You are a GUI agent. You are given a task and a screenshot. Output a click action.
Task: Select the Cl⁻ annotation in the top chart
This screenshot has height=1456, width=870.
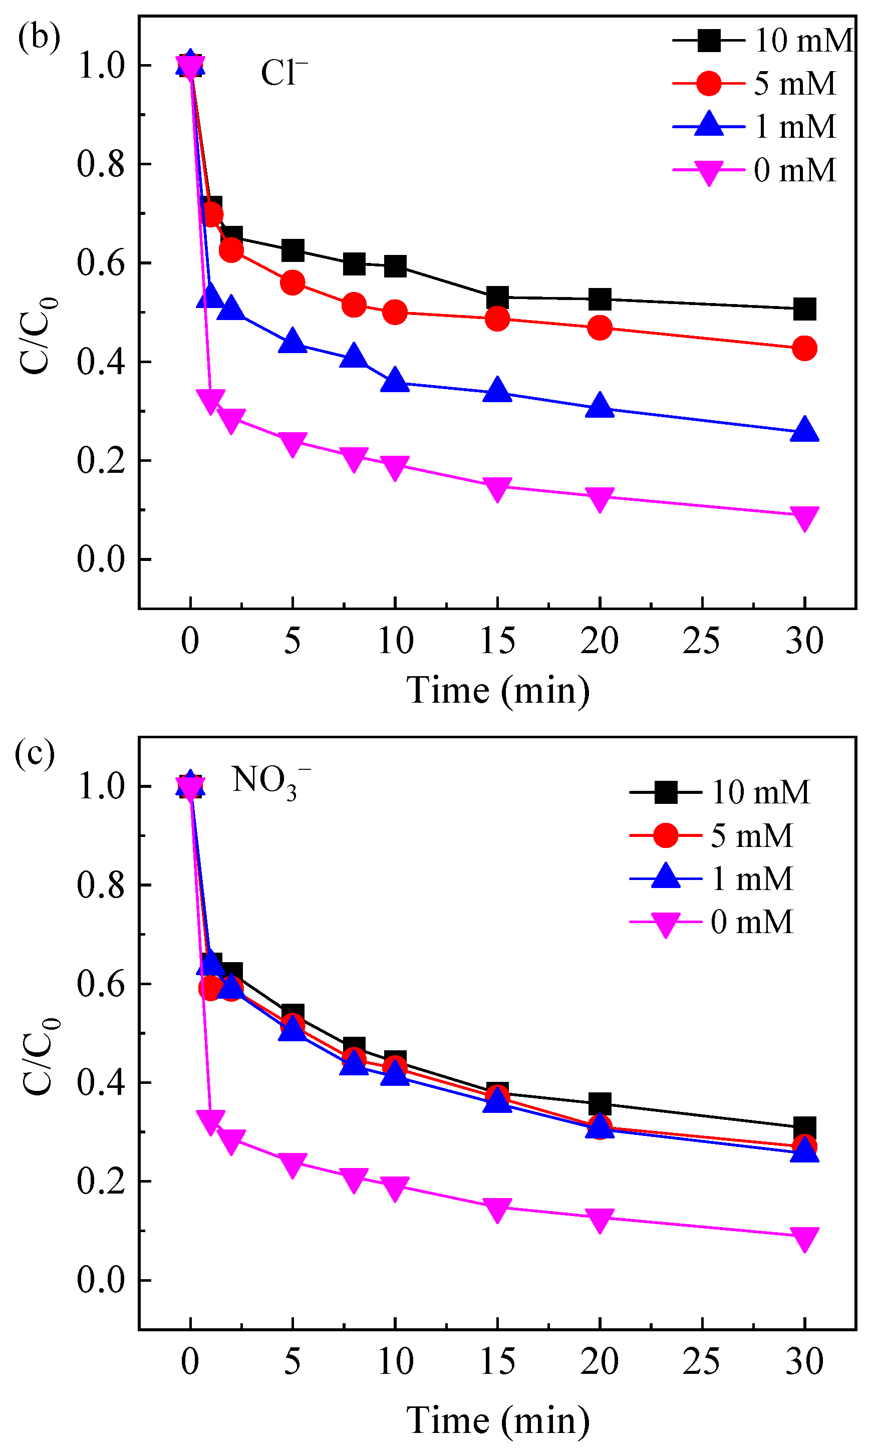click(x=284, y=73)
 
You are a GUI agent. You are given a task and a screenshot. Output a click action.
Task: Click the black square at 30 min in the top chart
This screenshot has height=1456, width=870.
click(x=804, y=309)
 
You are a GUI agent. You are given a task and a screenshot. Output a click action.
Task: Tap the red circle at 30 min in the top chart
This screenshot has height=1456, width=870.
click(x=804, y=349)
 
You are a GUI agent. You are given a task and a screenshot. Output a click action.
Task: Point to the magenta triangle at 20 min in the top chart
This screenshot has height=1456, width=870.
click(x=599, y=498)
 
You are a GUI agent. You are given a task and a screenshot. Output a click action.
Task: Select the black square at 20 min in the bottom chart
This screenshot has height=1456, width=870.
click(x=599, y=1104)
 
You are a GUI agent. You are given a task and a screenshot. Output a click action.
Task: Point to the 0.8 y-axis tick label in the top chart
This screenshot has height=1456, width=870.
click(x=101, y=164)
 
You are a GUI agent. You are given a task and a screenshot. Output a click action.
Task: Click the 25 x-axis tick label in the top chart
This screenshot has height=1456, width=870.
click(x=701, y=641)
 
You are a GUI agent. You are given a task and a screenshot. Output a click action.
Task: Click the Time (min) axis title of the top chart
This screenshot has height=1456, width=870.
click(x=498, y=691)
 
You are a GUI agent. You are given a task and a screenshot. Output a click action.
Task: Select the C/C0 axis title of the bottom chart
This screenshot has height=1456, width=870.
click(x=39, y=1055)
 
